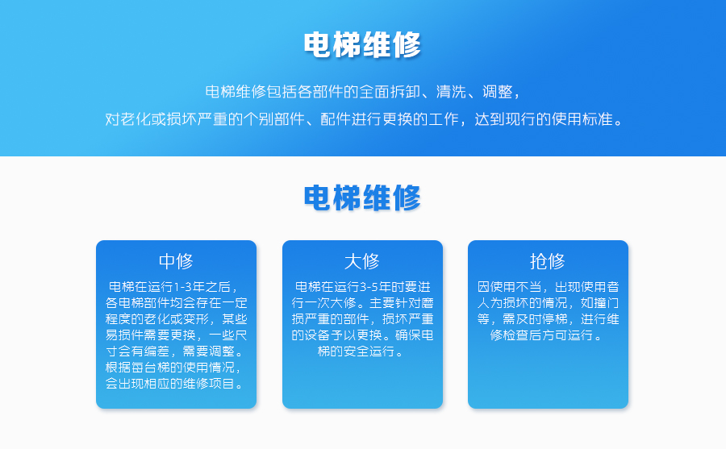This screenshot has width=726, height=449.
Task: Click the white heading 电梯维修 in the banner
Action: pos(362,45)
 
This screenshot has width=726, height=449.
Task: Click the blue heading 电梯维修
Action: pos(362,197)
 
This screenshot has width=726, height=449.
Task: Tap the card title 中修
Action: pos(176,261)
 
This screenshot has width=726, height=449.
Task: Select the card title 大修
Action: pos(362,261)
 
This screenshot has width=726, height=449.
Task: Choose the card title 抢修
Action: pos(548,261)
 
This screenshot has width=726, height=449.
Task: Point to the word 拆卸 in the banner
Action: pos(405,92)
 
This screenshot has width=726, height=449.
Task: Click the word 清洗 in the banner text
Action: pos(451,92)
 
